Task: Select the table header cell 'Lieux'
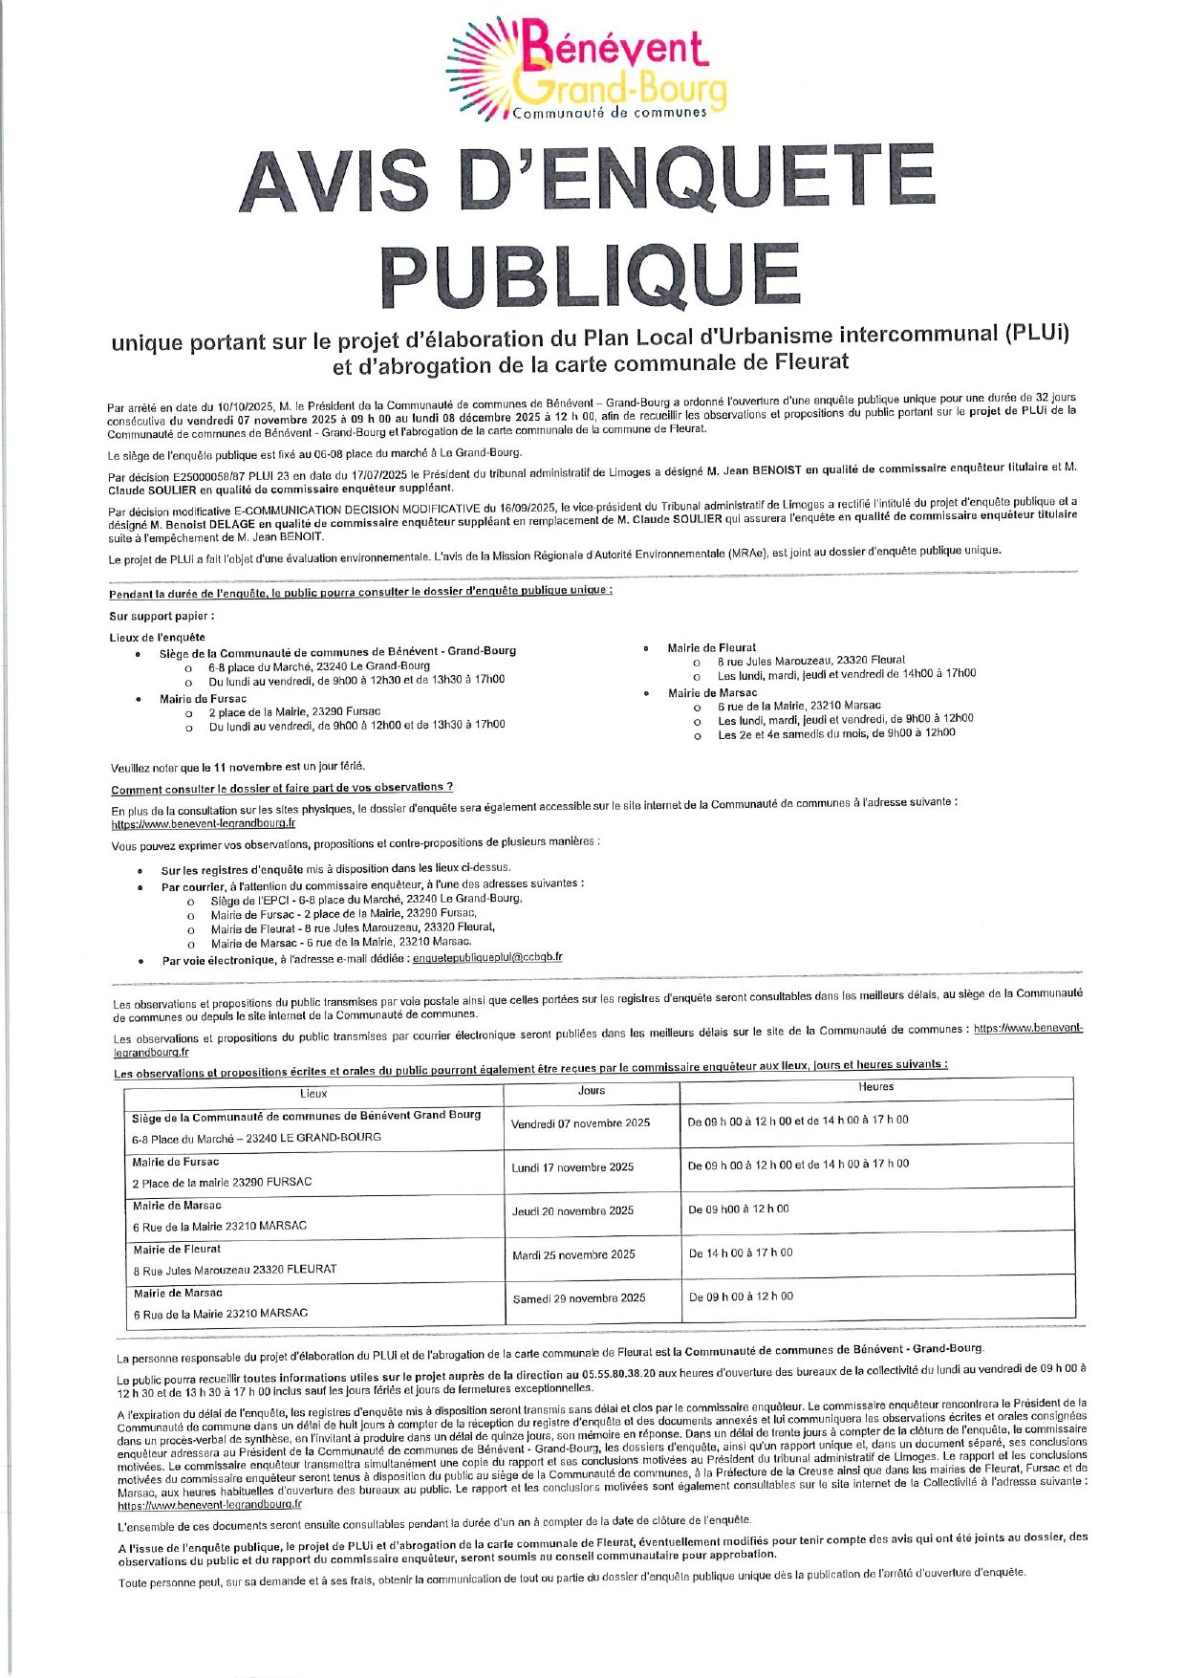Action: pyautogui.click(x=313, y=1093)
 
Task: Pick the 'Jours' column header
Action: pyautogui.click(x=592, y=1090)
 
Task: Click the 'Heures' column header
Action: pyautogui.click(x=875, y=1086)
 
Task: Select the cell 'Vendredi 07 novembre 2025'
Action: pyautogui.click(x=580, y=1122)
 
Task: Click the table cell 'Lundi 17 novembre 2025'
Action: pyautogui.click(x=572, y=1166)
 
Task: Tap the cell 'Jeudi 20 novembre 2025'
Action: pyautogui.click(x=572, y=1210)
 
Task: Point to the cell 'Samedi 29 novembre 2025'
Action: pyautogui.click(x=578, y=1297)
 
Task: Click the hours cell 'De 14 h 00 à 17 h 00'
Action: pyautogui.click(x=741, y=1253)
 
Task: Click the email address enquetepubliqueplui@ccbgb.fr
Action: pyautogui.click(x=487, y=957)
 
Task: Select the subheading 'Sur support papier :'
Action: pyautogui.click(x=162, y=617)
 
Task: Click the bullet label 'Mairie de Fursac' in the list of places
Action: pyautogui.click(x=203, y=699)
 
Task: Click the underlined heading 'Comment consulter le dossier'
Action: pyautogui.click(x=282, y=788)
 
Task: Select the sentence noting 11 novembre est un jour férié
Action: pyautogui.click(x=238, y=767)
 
